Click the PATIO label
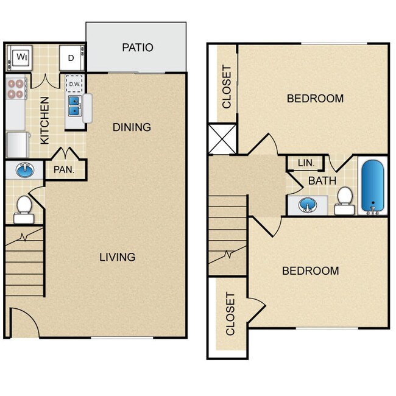click(137, 48)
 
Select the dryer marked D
click(70, 58)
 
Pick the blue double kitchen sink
click(74, 105)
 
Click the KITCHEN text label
click(45, 120)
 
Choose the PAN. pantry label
click(63, 170)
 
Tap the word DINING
click(132, 127)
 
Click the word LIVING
click(118, 256)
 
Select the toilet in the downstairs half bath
click(24, 206)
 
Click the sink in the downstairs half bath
click(24, 171)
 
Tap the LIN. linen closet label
click(306, 163)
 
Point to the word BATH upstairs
click(322, 181)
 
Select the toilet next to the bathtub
click(345, 200)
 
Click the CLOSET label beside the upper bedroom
click(227, 87)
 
